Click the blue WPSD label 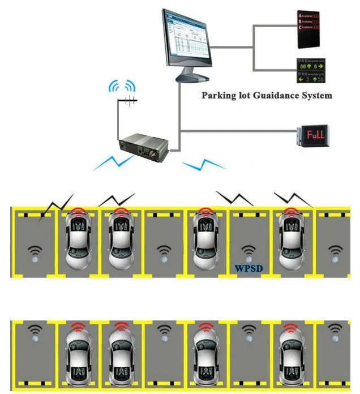click(x=249, y=268)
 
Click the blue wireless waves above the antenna click(x=123, y=87)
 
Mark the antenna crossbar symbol click(x=128, y=101)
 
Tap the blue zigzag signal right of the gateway click(x=204, y=165)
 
